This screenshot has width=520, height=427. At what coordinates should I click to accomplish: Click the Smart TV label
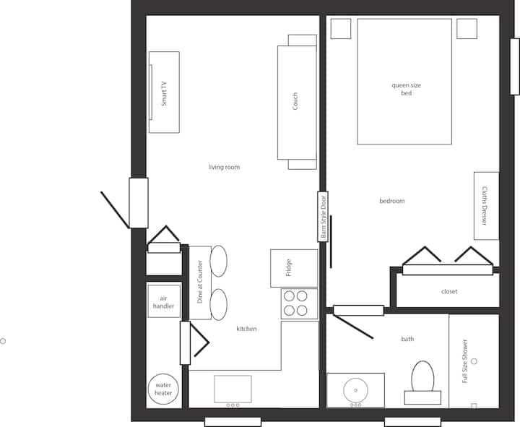164,94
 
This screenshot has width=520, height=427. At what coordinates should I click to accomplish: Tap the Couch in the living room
297,102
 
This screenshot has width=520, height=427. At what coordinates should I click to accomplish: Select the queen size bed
404,82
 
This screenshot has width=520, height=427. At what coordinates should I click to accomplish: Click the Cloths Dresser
487,206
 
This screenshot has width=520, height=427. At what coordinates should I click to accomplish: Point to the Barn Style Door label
324,216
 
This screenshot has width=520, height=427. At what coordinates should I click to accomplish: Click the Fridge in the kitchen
294,268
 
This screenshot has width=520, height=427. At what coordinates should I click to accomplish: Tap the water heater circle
163,389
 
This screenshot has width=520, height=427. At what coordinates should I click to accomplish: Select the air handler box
164,301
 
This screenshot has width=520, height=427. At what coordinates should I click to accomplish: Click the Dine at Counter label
199,282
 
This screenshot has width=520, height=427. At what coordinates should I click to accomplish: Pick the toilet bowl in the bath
422,376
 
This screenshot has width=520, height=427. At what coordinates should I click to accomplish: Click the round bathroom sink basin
355,390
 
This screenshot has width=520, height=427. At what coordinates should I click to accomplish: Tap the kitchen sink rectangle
233,389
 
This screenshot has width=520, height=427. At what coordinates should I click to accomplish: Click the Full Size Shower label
465,361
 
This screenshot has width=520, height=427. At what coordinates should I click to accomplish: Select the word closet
449,292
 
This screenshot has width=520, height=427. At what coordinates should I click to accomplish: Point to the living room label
224,167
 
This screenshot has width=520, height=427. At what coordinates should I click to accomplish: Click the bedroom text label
392,201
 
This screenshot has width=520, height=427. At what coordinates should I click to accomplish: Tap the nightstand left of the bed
341,29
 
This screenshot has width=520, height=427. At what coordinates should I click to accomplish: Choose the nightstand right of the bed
467,29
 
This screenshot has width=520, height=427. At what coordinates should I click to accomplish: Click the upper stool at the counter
219,261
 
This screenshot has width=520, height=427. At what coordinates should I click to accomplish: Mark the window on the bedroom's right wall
515,66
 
